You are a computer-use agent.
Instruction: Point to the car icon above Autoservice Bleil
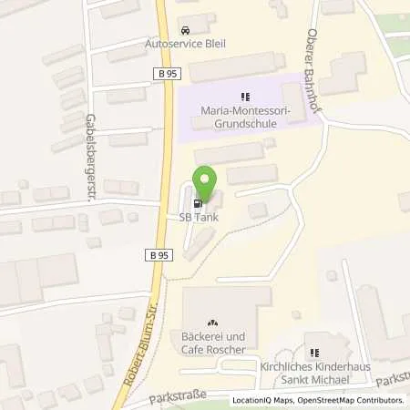pyautogui.click(x=186, y=30)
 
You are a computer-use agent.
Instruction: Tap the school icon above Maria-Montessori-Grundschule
pyautogui.click(x=244, y=97)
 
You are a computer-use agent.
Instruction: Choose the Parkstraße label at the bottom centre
pyautogui.click(x=177, y=395)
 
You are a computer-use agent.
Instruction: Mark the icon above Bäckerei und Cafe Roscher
pyautogui.click(x=213, y=323)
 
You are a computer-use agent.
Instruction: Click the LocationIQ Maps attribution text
pyautogui.click(x=263, y=400)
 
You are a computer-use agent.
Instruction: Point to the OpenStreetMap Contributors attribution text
pyautogui.click(x=351, y=400)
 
